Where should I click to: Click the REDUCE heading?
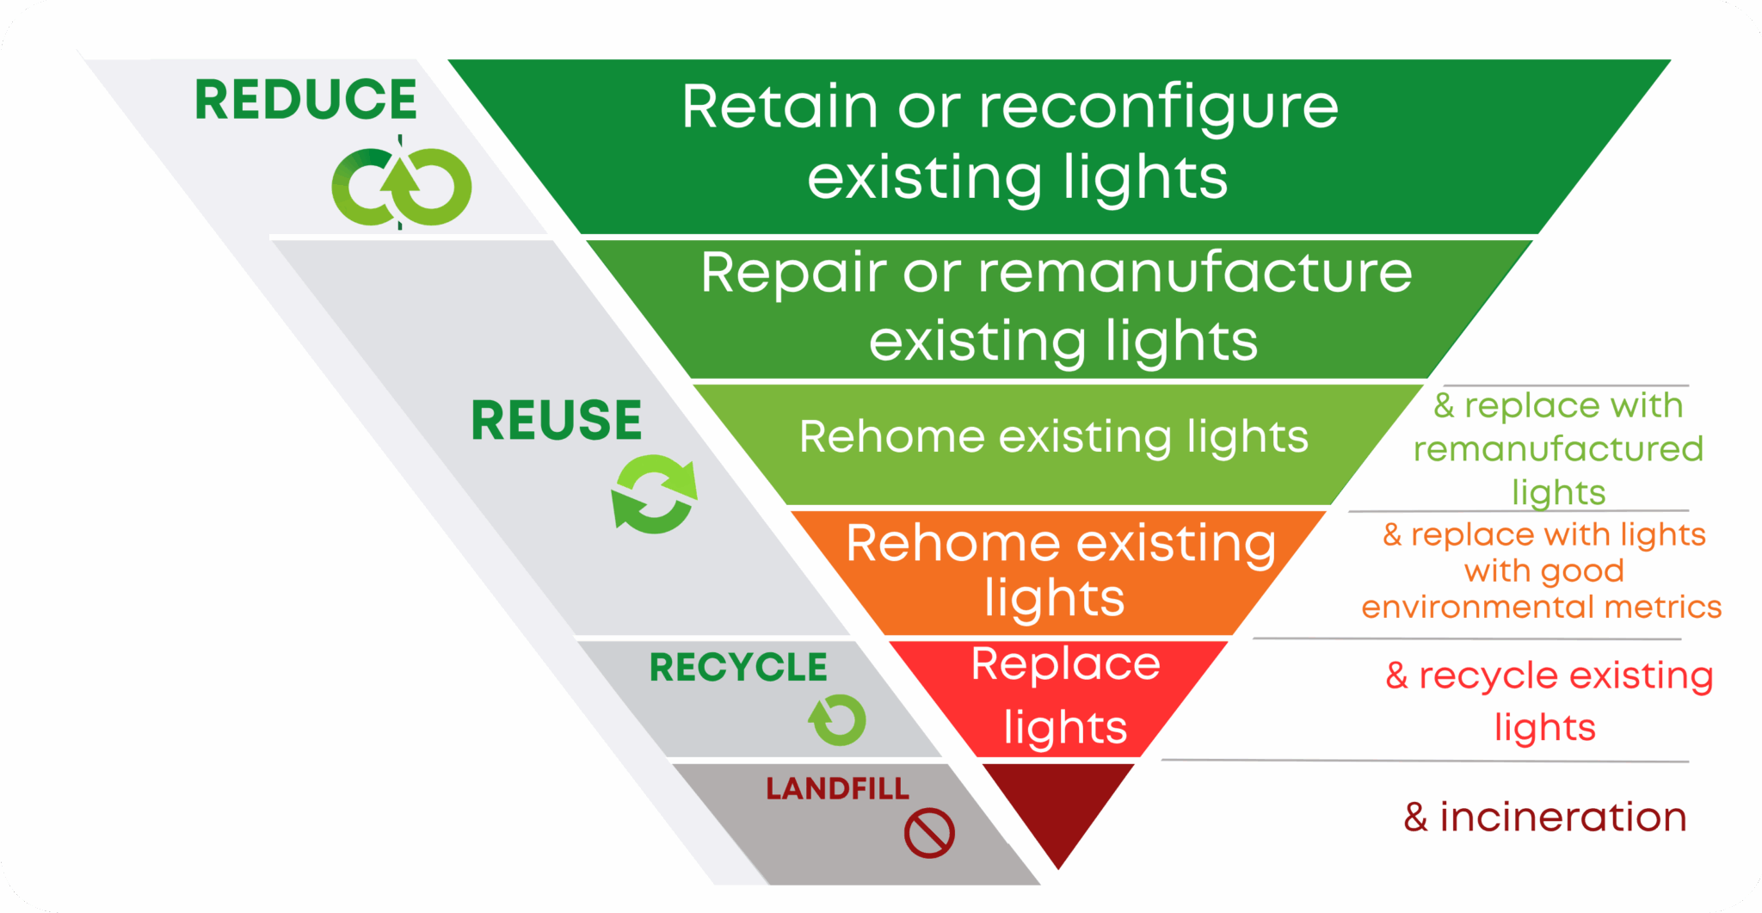[305, 100]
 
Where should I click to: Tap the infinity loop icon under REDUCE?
[401, 186]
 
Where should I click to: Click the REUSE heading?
[556, 421]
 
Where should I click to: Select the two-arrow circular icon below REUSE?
[655, 495]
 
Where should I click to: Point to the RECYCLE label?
[737, 668]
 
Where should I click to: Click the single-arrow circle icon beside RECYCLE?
[837, 719]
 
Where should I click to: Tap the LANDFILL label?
[836, 788]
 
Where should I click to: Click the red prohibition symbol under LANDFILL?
[929, 833]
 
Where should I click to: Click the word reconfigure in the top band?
[1158, 109]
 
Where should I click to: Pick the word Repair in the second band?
[792, 274]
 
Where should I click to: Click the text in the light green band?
[1053, 437]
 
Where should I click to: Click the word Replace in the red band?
[1065, 665]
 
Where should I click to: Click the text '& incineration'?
[1544, 817]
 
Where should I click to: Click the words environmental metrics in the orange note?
[1541, 608]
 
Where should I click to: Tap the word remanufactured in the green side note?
[1558, 449]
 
